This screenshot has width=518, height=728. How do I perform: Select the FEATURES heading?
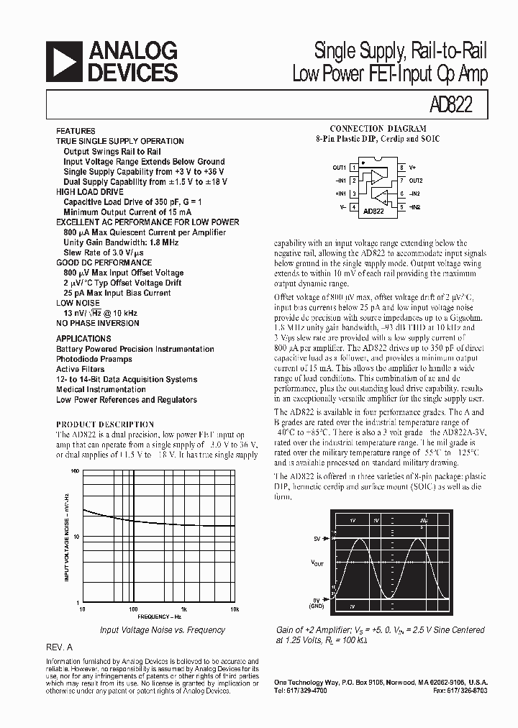(x=76, y=131)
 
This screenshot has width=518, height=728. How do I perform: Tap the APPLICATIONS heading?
(x=83, y=339)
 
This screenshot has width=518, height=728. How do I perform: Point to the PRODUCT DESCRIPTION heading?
(x=105, y=424)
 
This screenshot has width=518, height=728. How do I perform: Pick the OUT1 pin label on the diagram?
(x=340, y=168)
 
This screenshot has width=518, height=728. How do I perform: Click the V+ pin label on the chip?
(x=412, y=168)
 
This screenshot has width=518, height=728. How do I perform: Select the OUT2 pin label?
(x=416, y=181)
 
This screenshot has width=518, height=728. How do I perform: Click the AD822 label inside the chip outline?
(x=374, y=211)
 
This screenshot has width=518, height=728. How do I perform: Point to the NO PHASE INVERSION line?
(x=98, y=324)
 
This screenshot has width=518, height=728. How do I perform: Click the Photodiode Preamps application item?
(x=94, y=359)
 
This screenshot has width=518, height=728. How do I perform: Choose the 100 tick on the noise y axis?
(x=75, y=470)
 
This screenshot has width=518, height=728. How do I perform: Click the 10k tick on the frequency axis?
(x=235, y=609)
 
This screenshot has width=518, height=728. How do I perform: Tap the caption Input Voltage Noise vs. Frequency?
(x=162, y=630)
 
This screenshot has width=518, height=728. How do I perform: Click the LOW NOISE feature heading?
(x=79, y=304)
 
